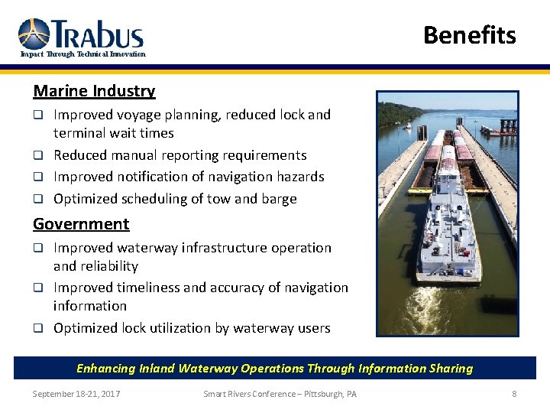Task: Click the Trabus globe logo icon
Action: (x=34, y=34)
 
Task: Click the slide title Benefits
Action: (x=469, y=35)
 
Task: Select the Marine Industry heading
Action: (x=94, y=91)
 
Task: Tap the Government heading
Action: (x=81, y=224)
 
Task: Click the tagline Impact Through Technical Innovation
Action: (x=82, y=54)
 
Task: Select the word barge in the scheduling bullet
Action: (x=279, y=199)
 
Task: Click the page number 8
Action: (x=514, y=394)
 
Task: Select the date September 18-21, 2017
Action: (x=76, y=394)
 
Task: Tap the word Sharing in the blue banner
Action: (x=451, y=369)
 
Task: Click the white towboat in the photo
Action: (x=449, y=229)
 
